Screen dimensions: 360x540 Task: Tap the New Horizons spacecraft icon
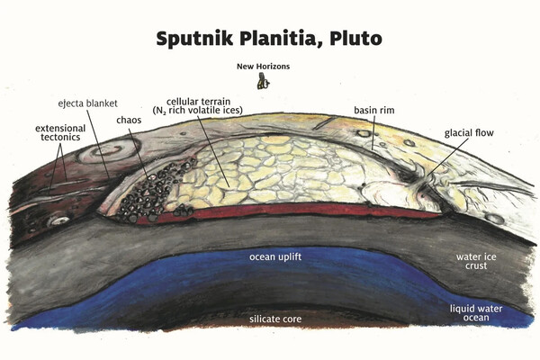(263, 82)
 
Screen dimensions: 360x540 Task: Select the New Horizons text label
(263, 67)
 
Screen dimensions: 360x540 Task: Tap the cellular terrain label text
(207, 101)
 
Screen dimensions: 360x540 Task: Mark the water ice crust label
(472, 260)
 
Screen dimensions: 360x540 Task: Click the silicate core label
(276, 319)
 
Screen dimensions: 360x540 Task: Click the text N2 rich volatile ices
(207, 112)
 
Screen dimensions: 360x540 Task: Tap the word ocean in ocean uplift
(264, 257)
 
